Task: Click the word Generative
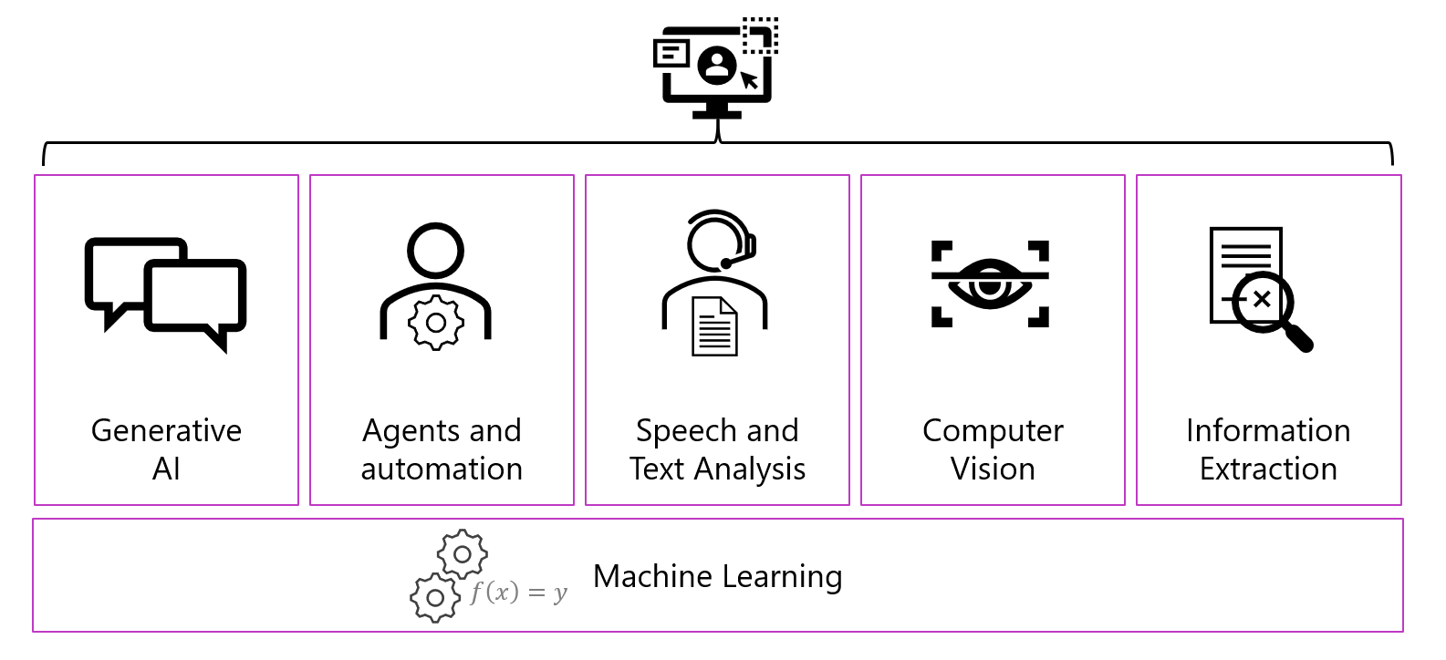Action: click(x=166, y=430)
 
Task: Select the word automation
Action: click(x=442, y=469)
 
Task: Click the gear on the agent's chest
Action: click(x=436, y=322)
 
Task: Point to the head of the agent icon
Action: click(x=436, y=251)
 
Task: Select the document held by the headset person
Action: click(x=715, y=326)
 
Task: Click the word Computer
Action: click(x=993, y=430)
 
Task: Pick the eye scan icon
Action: click(x=990, y=284)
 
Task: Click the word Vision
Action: click(x=993, y=469)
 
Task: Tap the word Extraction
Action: click(x=1268, y=469)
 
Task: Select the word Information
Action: click(x=1268, y=430)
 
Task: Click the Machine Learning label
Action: click(x=717, y=576)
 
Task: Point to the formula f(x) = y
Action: click(x=518, y=593)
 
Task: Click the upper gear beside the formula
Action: click(x=463, y=553)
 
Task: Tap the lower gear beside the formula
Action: click(x=435, y=598)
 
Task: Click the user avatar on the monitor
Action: click(x=717, y=66)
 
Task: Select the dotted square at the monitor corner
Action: click(x=760, y=36)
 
